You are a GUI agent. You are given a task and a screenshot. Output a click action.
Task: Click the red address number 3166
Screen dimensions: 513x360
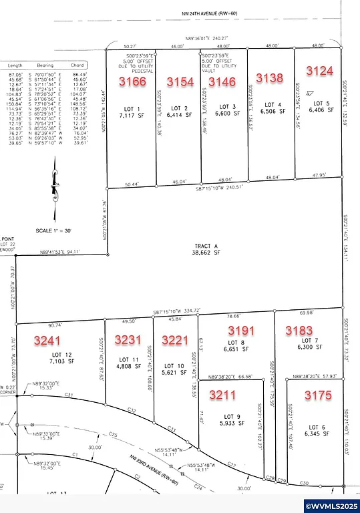tap(132, 81)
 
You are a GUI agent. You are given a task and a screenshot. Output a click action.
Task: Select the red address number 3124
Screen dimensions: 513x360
tap(320, 70)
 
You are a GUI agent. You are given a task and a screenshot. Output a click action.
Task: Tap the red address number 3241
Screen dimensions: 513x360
tap(48, 340)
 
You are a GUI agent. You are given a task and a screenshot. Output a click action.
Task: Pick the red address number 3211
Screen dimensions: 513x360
tap(223, 395)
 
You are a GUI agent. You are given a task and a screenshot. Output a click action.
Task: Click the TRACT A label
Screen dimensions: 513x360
tap(205, 245)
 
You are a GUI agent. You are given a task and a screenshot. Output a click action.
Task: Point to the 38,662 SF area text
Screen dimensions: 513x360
tap(205, 253)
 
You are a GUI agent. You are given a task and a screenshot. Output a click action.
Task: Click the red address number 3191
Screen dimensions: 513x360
tap(242, 330)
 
